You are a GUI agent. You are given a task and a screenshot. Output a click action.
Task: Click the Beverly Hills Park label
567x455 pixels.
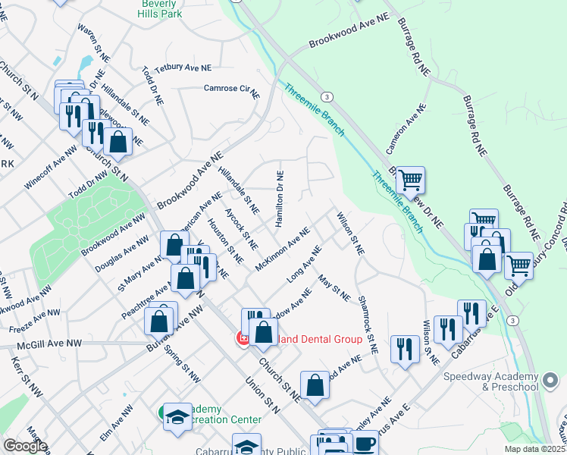(x=161, y=8)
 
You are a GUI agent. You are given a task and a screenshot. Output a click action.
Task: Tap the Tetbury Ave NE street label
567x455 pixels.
(x=183, y=68)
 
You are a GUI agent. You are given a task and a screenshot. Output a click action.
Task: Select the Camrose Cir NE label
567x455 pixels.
(x=231, y=88)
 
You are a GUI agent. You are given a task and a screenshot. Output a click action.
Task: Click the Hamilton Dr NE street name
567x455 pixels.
(x=280, y=196)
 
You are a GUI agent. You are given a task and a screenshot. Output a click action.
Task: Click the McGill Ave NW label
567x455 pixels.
(x=50, y=344)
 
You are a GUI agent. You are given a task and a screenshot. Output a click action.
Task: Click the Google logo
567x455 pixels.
(x=25, y=446)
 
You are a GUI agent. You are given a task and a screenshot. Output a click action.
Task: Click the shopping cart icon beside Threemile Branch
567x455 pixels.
(x=410, y=180)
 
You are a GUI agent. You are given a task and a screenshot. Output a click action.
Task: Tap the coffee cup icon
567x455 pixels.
(x=365, y=443)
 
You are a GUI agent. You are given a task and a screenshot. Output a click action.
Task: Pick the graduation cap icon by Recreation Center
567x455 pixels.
(x=178, y=416)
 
